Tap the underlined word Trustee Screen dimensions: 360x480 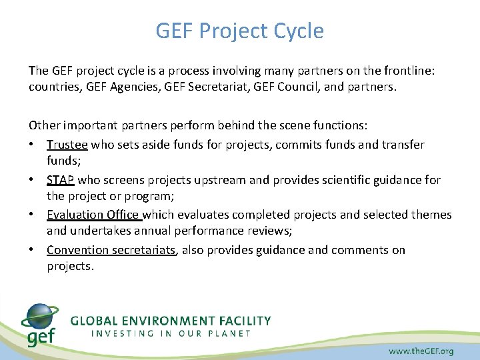[67, 145]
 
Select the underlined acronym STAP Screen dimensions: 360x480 [61, 180]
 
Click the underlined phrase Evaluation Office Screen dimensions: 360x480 [93, 215]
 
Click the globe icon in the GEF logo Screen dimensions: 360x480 [40, 316]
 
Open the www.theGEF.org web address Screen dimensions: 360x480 [421, 351]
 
